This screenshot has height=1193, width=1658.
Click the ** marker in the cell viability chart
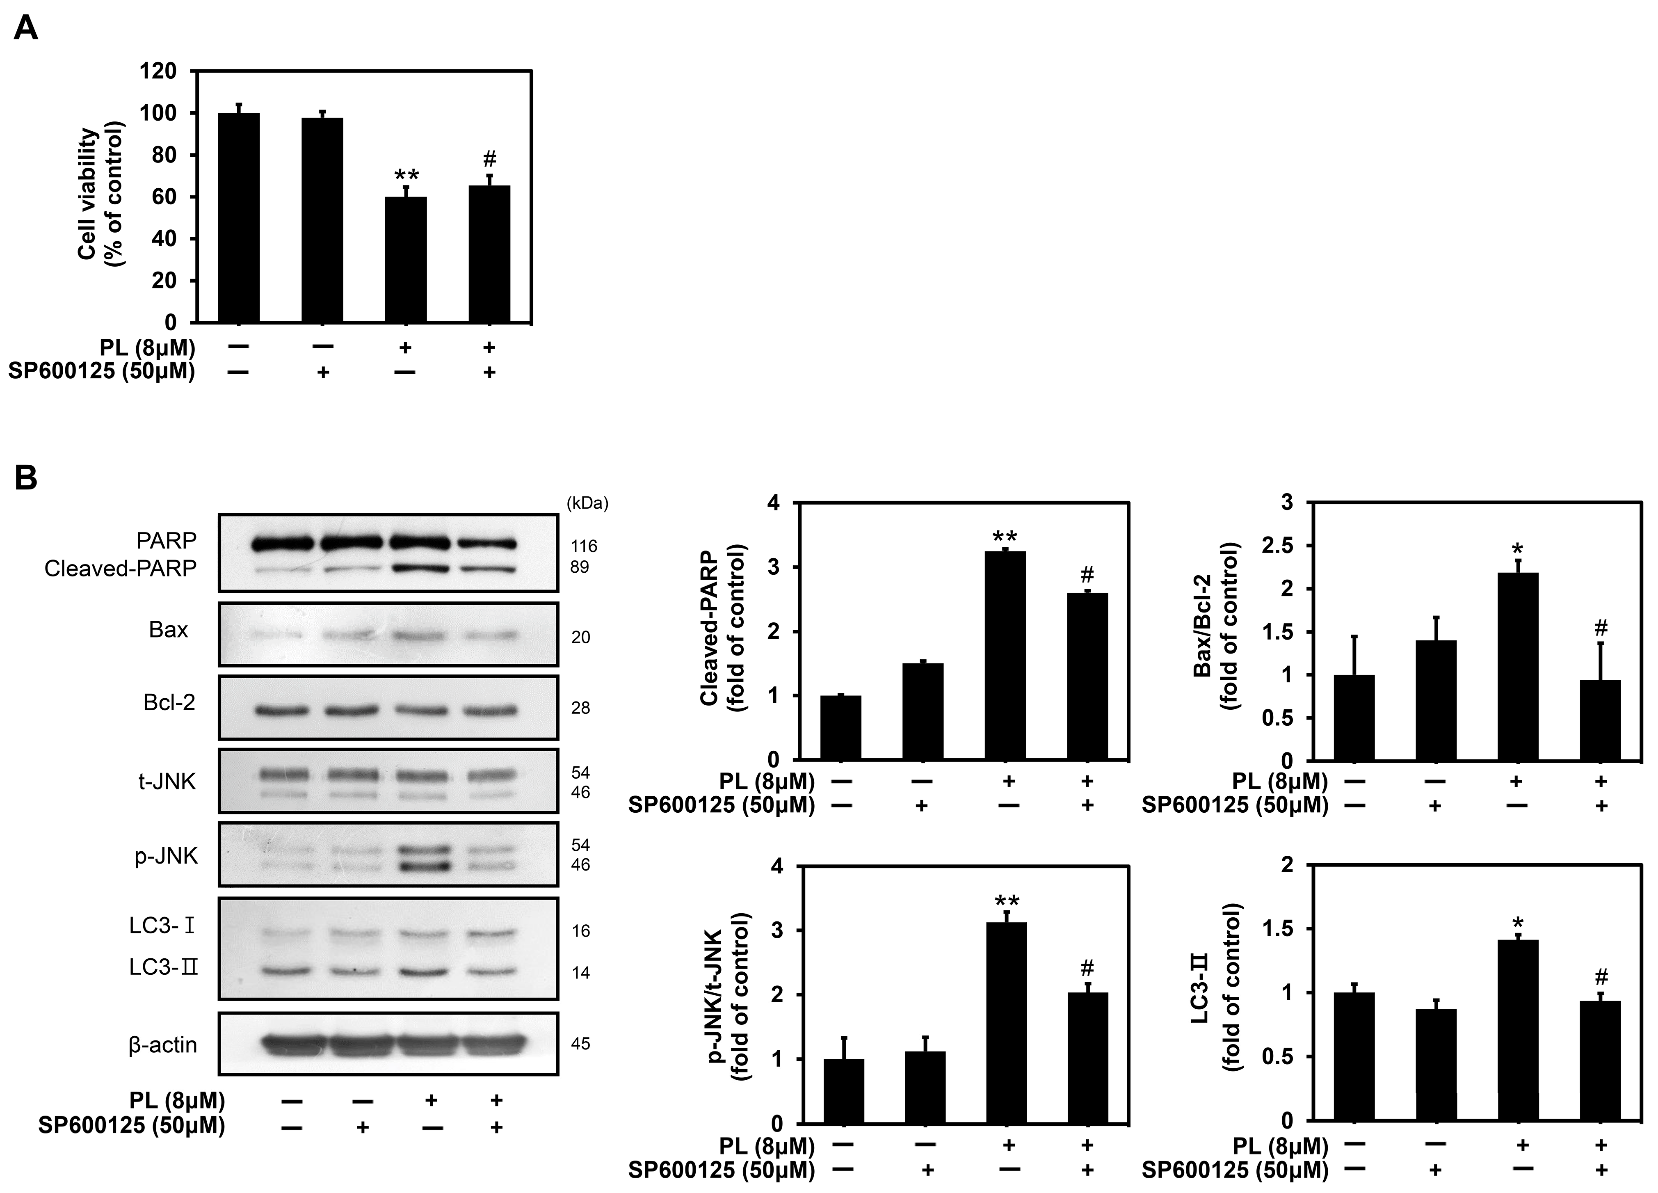coord(407,176)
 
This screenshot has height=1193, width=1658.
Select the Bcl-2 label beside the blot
coord(169,702)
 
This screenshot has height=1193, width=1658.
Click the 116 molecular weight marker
coord(584,546)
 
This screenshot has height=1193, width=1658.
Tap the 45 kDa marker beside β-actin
coord(580,1044)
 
